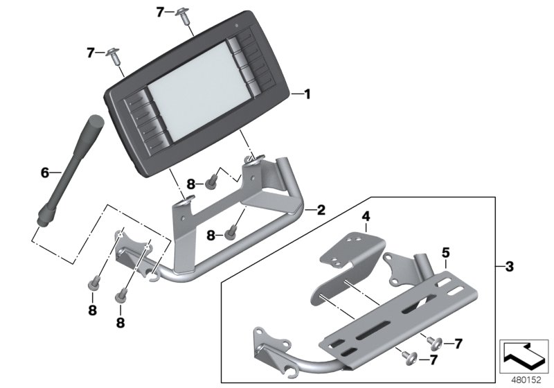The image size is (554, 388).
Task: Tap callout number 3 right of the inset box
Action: (510, 267)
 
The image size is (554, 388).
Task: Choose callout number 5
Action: (446, 252)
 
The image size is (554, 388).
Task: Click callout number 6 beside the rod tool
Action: (45, 173)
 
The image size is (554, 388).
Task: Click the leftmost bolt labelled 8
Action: (92, 284)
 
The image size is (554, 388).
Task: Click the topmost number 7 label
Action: (161, 12)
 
